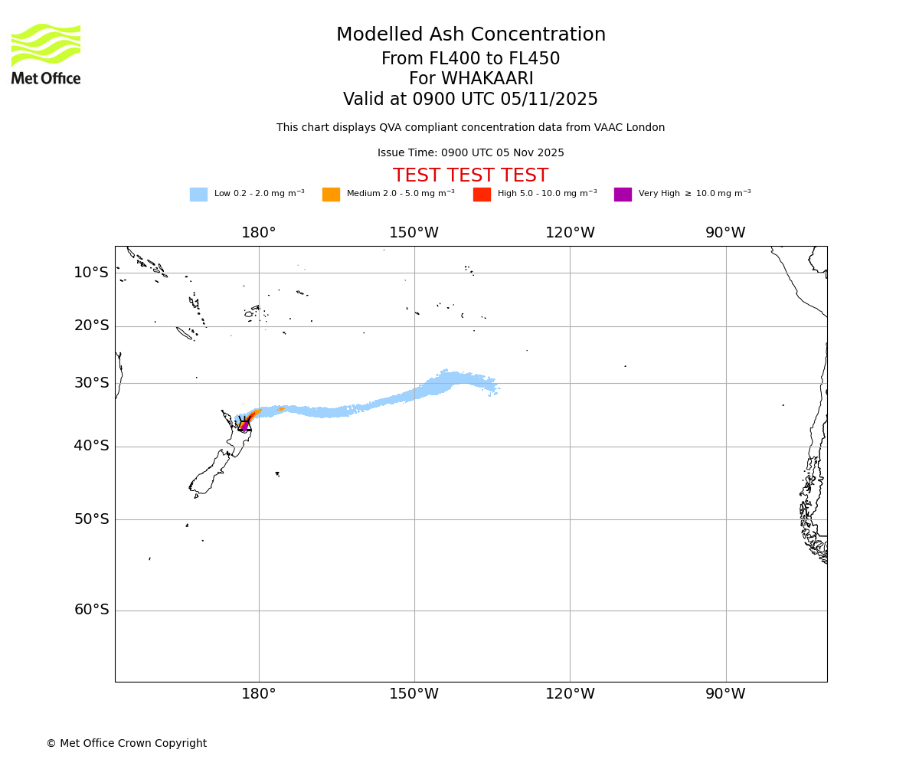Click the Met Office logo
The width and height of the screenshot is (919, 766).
pyautogui.click(x=46, y=54)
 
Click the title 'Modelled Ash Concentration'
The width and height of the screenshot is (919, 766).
pyautogui.click(x=471, y=35)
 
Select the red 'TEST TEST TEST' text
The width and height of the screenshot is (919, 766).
pyautogui.click(x=470, y=176)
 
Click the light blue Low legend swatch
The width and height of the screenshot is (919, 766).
pyautogui.click(x=198, y=195)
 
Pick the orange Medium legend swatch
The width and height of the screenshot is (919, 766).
pyautogui.click(x=331, y=195)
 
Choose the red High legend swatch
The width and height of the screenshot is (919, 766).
pyautogui.click(x=482, y=195)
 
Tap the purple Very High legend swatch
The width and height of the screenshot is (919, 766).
pyautogui.click(x=623, y=195)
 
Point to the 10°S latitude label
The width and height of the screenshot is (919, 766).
pyautogui.click(x=91, y=273)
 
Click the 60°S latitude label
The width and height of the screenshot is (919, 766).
pyautogui.click(x=91, y=610)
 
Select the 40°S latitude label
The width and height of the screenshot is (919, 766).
pyautogui.click(x=91, y=446)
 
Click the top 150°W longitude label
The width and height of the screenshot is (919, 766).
pyautogui.click(x=414, y=233)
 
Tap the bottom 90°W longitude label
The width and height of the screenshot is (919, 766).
pyautogui.click(x=725, y=694)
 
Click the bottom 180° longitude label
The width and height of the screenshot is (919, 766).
pyautogui.click(x=259, y=694)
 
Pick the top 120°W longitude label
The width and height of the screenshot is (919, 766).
pyautogui.click(x=570, y=233)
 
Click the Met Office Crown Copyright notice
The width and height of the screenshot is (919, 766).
pyautogui.click(x=126, y=744)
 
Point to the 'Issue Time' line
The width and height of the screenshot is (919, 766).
pyautogui.click(x=470, y=153)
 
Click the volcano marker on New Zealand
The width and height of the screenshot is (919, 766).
pyautogui.click(x=244, y=425)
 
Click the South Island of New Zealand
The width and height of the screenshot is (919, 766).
pyautogui.click(x=211, y=475)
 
